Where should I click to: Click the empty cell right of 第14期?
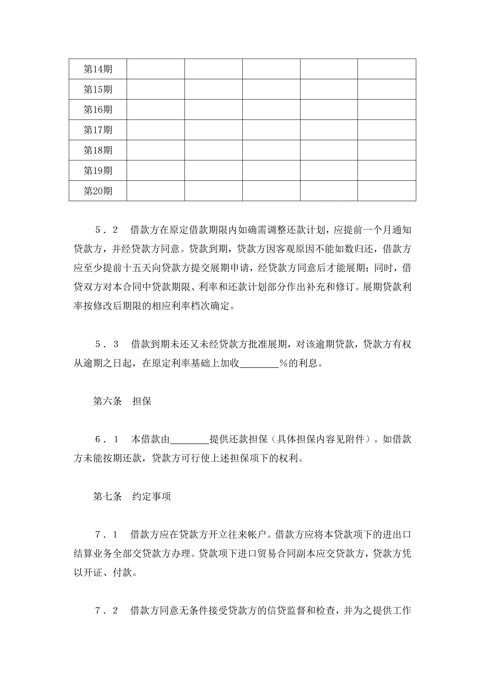pyautogui.click(x=156, y=69)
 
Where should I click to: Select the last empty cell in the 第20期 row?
pyautogui.click(x=387, y=191)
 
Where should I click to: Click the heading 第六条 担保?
pyautogui.click(x=122, y=401)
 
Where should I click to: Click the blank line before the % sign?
pyautogui.click(x=259, y=363)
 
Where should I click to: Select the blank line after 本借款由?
pyautogui.click(x=190, y=440)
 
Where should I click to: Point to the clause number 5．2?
pyautogui.click(x=107, y=230)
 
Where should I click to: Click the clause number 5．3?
pyautogui.click(x=107, y=344)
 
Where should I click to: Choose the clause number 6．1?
pyautogui.click(x=107, y=440)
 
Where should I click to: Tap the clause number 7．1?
pyautogui.click(x=107, y=535)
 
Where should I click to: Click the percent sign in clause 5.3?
pyautogui.click(x=283, y=363)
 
